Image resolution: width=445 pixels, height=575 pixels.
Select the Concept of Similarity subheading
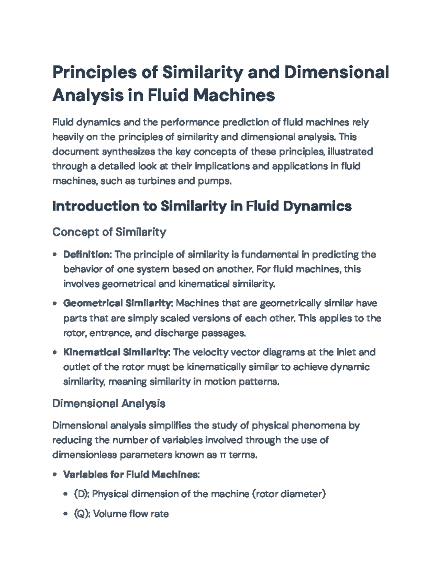(109, 232)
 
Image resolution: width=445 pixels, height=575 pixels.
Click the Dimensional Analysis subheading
(109, 403)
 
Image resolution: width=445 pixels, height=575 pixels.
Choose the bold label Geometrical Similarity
(117, 303)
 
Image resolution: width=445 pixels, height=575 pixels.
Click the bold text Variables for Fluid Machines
(131, 474)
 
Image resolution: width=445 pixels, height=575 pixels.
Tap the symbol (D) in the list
(82, 494)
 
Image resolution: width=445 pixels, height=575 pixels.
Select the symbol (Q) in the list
(82, 514)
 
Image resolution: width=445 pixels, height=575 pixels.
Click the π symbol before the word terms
(222, 455)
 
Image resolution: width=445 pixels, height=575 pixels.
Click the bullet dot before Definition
(55, 255)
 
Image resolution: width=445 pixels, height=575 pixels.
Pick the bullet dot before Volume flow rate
(66, 514)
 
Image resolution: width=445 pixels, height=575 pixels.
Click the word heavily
(67, 137)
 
